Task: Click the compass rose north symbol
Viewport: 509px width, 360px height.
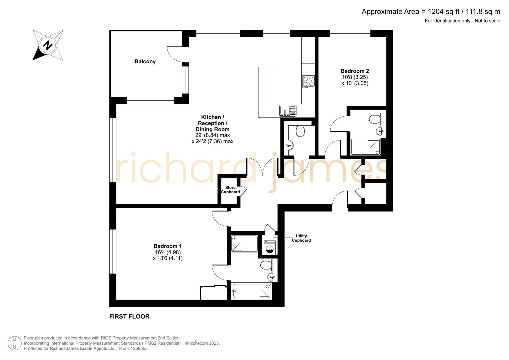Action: click(48, 45)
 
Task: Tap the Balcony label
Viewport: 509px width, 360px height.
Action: click(145, 61)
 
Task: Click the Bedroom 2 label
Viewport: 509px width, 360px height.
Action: click(355, 71)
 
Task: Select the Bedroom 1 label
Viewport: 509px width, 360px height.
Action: click(168, 246)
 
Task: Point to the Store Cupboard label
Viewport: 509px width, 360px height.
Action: click(230, 190)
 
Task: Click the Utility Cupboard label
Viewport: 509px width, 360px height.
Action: click(301, 238)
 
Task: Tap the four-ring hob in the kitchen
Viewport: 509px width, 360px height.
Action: click(309, 81)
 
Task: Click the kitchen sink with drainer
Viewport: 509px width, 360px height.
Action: click(288, 110)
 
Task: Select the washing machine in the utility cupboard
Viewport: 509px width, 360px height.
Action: click(270, 247)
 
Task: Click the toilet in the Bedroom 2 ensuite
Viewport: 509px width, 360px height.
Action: click(375, 119)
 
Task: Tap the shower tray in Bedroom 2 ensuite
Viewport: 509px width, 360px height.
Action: click(365, 147)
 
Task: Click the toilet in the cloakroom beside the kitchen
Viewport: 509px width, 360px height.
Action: click(300, 131)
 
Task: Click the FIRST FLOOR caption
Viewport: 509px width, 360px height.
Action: click(129, 316)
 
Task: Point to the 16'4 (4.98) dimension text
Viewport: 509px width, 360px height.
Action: click(168, 252)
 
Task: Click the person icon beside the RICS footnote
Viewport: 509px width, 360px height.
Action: click(15, 343)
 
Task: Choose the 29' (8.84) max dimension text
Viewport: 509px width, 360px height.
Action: click(212, 135)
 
